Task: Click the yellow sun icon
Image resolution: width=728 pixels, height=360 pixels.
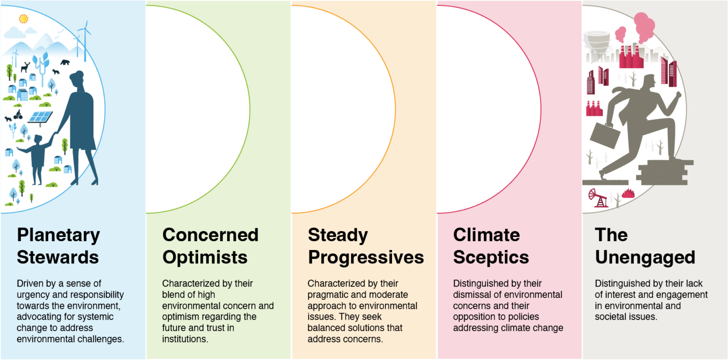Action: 23,18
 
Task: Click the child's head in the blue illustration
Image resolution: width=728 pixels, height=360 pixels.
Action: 38,139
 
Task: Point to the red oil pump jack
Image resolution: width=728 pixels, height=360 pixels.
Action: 598,198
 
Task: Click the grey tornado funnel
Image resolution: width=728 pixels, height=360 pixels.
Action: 597,45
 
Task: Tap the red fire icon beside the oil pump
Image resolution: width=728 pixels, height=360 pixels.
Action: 628,193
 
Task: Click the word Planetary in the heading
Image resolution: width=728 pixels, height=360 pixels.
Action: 58,235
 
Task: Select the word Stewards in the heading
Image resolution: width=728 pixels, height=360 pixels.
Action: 58,257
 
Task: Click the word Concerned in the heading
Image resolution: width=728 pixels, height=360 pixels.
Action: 210,235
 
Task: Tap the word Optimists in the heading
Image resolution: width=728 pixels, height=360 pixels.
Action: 205,258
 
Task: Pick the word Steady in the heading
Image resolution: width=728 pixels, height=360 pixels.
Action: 338,235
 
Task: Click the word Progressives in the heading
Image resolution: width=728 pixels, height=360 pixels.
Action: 366,258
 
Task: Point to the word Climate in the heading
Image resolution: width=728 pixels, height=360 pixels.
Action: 487,235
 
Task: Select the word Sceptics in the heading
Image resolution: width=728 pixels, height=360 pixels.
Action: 491,258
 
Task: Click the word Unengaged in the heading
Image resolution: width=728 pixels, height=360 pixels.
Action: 645,258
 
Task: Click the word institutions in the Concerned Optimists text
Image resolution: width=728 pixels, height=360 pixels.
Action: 185,339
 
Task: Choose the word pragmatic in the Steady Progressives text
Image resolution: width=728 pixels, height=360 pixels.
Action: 328,295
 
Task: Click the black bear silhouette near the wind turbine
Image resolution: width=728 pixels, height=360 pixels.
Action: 65,62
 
